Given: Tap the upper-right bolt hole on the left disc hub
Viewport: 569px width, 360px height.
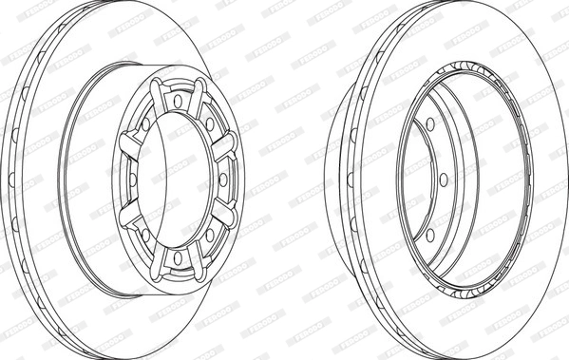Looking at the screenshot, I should (209, 123).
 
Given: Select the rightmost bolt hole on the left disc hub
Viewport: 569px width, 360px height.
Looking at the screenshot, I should (223, 179).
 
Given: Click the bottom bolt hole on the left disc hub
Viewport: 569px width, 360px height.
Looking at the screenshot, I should (178, 257).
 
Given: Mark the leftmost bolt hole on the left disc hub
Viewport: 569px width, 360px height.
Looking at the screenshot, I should (132, 179).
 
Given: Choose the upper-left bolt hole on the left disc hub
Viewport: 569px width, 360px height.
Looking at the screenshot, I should (145, 123).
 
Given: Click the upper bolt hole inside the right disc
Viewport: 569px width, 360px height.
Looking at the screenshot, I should (428, 123).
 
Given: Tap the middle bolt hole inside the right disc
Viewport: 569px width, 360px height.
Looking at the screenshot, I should (444, 179).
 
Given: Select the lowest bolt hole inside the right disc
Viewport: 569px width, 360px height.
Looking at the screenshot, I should (428, 235).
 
